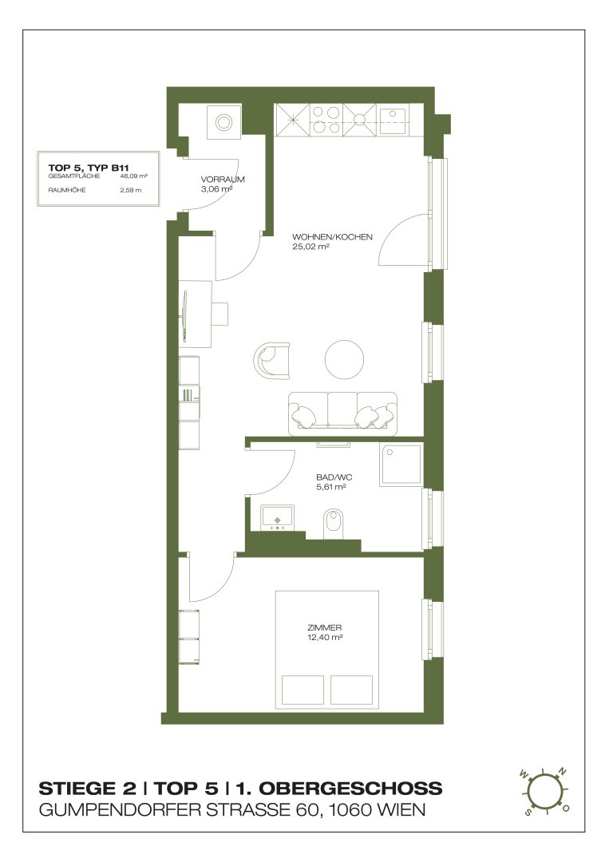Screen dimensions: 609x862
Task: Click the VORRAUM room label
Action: (x=222, y=180)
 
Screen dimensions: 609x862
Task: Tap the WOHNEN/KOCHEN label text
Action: (x=332, y=237)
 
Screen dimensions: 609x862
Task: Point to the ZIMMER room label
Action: (x=325, y=627)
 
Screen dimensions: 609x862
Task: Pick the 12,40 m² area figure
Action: (x=325, y=637)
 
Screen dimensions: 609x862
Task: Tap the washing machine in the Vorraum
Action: (x=223, y=122)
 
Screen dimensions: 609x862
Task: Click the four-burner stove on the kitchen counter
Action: (x=326, y=120)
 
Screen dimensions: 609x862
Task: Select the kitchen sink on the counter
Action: (x=393, y=121)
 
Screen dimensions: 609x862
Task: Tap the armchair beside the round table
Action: (x=271, y=359)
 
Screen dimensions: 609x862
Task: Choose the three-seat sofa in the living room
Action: (x=342, y=414)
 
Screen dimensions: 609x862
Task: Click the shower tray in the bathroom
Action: (x=401, y=465)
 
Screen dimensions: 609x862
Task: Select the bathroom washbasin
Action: (x=278, y=518)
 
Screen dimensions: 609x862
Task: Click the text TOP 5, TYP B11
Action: (x=89, y=168)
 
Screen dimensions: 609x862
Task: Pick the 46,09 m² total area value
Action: (x=133, y=176)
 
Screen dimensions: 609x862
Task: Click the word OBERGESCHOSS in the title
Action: (x=350, y=789)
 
